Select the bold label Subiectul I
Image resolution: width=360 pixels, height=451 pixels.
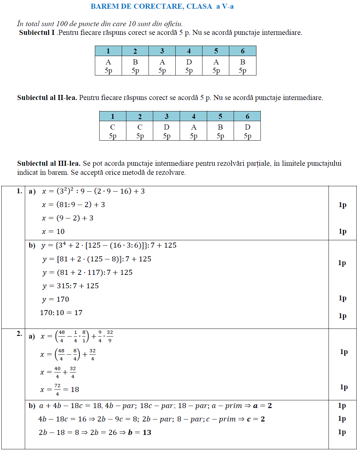(x=37, y=33)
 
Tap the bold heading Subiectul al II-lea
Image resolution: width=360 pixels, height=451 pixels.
(x=47, y=98)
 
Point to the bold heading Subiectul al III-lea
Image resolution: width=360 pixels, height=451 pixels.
(x=49, y=163)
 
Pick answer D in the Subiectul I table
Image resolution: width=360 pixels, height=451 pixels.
(x=189, y=62)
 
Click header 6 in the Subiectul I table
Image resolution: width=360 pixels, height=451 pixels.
(x=243, y=51)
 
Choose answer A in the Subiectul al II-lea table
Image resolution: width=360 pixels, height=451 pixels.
(x=194, y=127)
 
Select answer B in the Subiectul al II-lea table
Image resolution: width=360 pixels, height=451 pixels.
(x=220, y=127)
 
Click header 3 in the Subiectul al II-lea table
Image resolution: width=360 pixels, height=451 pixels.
(x=167, y=116)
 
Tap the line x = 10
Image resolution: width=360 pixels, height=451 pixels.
(x=53, y=232)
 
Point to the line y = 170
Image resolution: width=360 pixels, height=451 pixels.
(x=56, y=299)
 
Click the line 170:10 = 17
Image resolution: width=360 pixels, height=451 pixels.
(x=61, y=313)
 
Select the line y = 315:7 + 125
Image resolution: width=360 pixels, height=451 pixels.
(x=70, y=286)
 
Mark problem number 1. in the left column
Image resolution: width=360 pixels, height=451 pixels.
(x=19, y=191)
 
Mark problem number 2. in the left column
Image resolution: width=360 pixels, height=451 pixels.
(x=19, y=334)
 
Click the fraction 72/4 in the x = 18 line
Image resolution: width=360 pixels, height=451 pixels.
(x=57, y=390)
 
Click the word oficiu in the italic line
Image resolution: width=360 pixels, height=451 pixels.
(x=173, y=24)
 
